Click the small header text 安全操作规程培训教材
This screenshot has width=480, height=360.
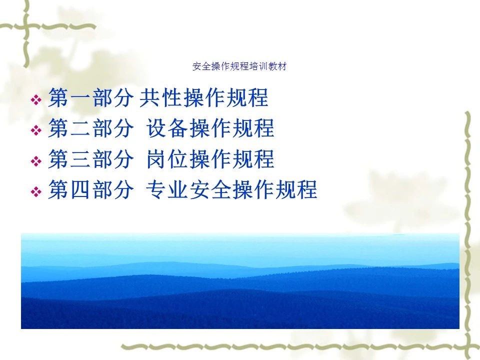click(x=239, y=66)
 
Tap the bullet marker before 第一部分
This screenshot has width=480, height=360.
click(x=36, y=99)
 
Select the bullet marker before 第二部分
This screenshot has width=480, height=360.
click(x=36, y=130)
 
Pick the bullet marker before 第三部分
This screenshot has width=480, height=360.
click(x=36, y=161)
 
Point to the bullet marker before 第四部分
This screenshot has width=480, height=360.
click(x=36, y=191)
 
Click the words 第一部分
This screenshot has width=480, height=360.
click(x=91, y=97)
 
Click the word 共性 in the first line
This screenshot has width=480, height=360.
click(x=159, y=97)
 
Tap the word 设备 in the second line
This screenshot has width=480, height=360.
click(x=167, y=128)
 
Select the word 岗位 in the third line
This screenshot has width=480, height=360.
click(x=167, y=159)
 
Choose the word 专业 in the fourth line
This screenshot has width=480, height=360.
click(x=167, y=189)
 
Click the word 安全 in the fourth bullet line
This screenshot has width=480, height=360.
click(x=210, y=189)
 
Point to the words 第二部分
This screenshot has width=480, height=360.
click(x=91, y=128)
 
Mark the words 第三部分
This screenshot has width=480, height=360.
click(x=91, y=159)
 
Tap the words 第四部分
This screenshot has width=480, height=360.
click(x=91, y=189)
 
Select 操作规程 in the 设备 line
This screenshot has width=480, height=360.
click(x=231, y=128)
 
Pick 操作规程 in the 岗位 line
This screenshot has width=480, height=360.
click(x=231, y=159)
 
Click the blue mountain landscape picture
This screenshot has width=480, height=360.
click(x=240, y=280)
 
